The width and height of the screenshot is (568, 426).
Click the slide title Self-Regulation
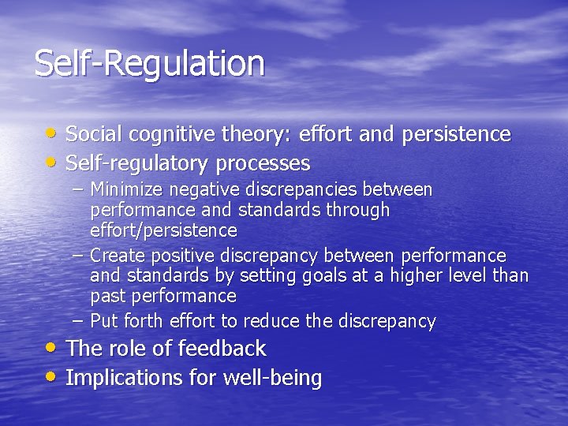pyautogui.click(x=149, y=64)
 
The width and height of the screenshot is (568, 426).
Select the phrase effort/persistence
pyautogui.click(x=163, y=231)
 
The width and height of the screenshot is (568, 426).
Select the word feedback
pyautogui.click(x=222, y=349)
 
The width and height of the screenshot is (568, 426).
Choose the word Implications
pyautogui.click(x=124, y=379)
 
